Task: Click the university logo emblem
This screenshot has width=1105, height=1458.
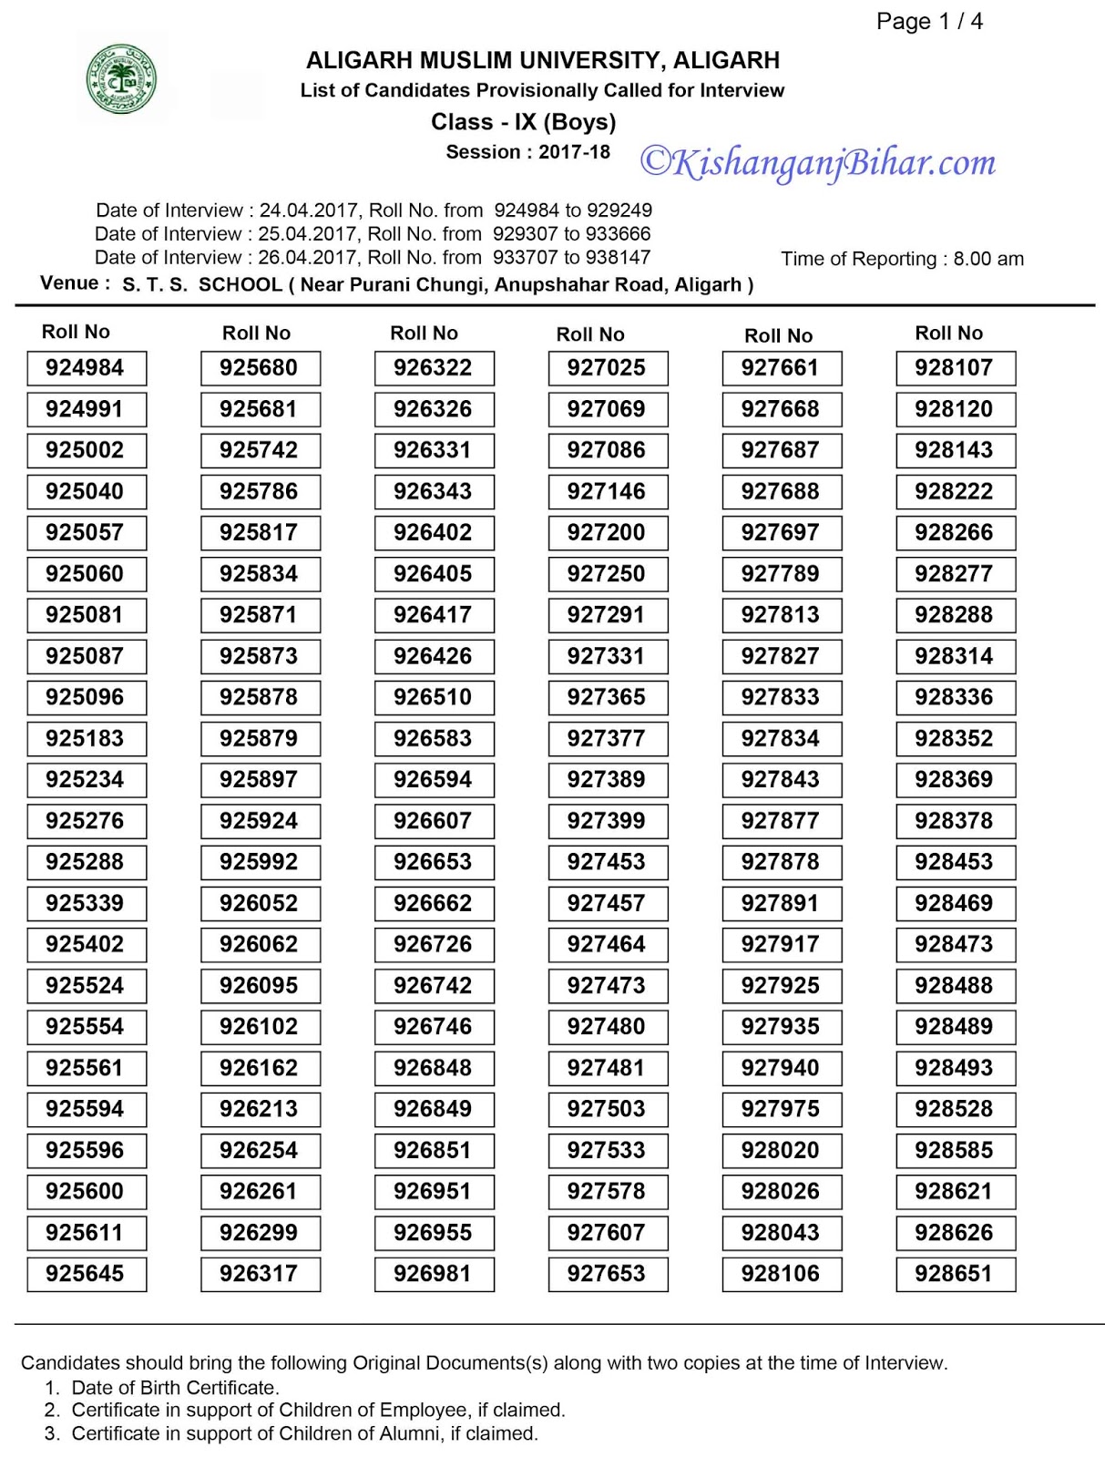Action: click(120, 80)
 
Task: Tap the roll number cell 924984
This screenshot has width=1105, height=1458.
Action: click(86, 368)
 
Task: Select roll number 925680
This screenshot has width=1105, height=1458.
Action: click(260, 368)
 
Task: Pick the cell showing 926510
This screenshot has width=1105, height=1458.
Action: click(434, 697)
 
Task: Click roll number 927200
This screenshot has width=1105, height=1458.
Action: click(607, 532)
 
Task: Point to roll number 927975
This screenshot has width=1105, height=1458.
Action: click(781, 1109)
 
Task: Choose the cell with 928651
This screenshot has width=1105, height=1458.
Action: click(955, 1273)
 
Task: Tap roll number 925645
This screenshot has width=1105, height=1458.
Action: click(86, 1273)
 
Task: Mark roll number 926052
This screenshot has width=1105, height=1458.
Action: click(260, 903)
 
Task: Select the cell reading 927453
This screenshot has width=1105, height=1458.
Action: click(607, 862)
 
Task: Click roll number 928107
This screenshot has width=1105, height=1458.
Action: click(955, 368)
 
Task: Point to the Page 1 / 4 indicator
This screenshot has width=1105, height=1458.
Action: click(929, 22)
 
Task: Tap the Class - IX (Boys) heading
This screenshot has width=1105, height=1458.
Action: click(524, 122)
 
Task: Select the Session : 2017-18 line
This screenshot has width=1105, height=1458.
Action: click(528, 152)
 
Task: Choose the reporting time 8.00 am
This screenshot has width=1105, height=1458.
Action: click(988, 259)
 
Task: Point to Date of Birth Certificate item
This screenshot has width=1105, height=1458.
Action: click(175, 1388)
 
